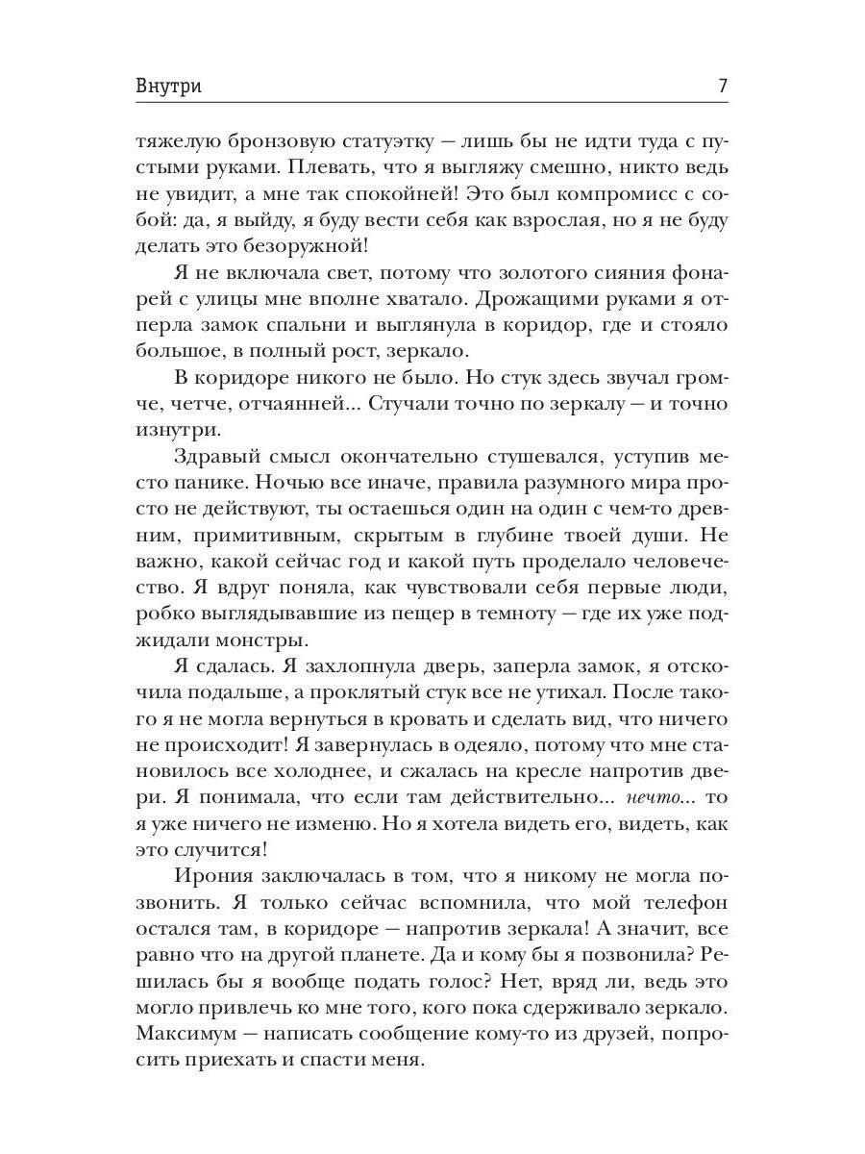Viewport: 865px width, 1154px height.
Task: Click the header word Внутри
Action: tap(168, 85)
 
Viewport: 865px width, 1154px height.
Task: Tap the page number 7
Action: tap(722, 85)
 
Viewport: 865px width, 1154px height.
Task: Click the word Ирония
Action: tap(214, 875)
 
